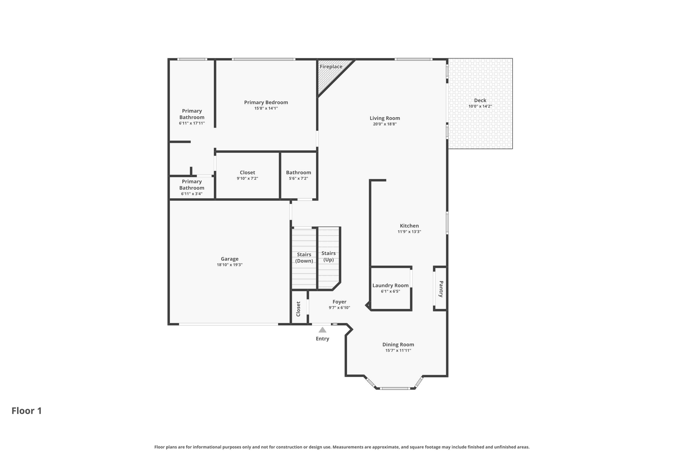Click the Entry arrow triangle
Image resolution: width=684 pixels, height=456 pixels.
pyautogui.click(x=322, y=330)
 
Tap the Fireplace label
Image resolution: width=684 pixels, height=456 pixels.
pyautogui.click(x=331, y=67)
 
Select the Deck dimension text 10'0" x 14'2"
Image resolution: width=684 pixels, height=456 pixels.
pyautogui.click(x=480, y=107)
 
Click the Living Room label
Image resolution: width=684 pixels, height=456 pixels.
pyautogui.click(x=385, y=118)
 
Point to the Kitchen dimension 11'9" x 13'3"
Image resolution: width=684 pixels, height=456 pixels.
pyautogui.click(x=409, y=232)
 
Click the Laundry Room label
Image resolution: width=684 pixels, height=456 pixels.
pyautogui.click(x=390, y=286)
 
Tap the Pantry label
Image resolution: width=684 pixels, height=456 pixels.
pyautogui.click(x=441, y=289)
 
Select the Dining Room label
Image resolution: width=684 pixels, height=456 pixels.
pyautogui.click(x=398, y=345)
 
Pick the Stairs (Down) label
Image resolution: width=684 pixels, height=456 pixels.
pyautogui.click(x=304, y=258)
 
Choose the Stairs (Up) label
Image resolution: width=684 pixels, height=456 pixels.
pyautogui.click(x=329, y=257)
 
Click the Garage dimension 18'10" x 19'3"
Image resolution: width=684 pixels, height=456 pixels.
pyautogui.click(x=229, y=265)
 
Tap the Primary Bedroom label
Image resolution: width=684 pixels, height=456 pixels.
pyautogui.click(x=266, y=103)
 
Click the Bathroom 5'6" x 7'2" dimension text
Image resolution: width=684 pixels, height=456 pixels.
pyautogui.click(x=298, y=179)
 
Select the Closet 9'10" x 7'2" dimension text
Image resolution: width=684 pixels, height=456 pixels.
pyautogui.click(x=247, y=179)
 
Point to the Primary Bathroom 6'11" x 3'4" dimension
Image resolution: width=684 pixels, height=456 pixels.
pyautogui.click(x=192, y=194)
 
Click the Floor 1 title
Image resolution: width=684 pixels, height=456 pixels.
pyautogui.click(x=27, y=411)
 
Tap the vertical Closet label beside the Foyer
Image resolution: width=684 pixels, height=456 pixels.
pyautogui.click(x=299, y=309)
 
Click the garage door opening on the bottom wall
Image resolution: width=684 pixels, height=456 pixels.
pyautogui.click(x=228, y=324)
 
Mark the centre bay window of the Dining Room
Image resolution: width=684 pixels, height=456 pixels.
pyautogui.click(x=395, y=389)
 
